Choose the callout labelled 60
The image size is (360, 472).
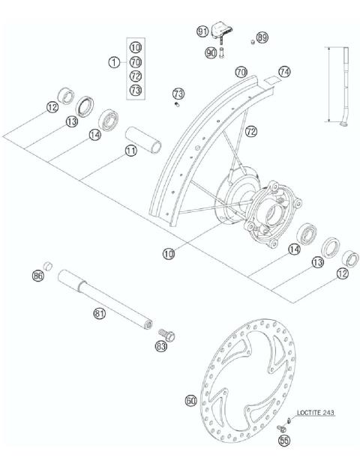pyautogui.click(x=191, y=401)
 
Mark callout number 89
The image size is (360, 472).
pyautogui.click(x=262, y=37)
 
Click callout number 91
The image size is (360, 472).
pyautogui.click(x=202, y=31)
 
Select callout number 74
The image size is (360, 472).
pyautogui.click(x=283, y=71)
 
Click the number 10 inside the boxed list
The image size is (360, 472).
pyautogui.click(x=135, y=46)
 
